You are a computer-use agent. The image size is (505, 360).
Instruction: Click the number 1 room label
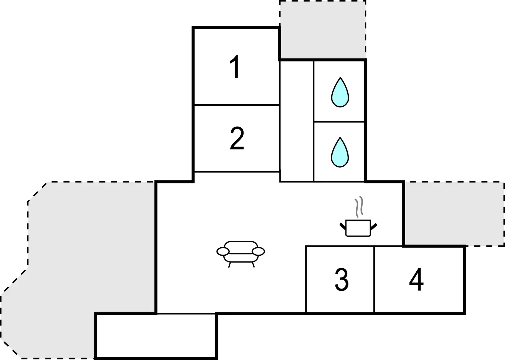tap(235, 67)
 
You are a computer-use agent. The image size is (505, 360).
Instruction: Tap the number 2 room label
tap(237, 138)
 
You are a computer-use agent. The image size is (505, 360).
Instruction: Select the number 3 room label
tap(342, 279)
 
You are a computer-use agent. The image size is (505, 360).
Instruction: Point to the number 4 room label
tap(416, 279)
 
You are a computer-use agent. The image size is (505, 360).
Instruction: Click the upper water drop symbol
tap(340, 92)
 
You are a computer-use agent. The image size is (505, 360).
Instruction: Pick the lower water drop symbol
tap(340, 152)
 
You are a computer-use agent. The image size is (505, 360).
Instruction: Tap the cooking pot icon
tap(358, 228)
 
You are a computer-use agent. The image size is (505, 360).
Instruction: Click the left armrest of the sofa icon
tap(223, 252)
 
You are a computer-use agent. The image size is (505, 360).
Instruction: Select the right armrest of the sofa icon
tap(258, 252)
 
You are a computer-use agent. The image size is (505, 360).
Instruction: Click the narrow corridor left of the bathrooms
tap(297, 121)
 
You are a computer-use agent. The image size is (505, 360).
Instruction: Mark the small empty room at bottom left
tap(156, 336)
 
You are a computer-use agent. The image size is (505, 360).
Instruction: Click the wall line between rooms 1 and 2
tap(237, 105)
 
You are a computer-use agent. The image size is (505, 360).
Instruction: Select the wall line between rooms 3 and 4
tap(374, 279)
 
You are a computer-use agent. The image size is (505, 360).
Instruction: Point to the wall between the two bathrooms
tap(339, 121)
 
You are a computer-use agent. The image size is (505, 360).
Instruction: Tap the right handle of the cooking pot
tap(374, 227)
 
